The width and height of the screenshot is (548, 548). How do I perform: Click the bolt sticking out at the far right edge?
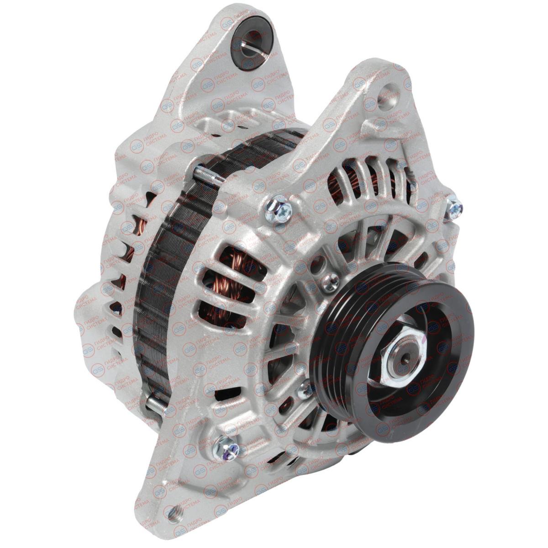point(454,209)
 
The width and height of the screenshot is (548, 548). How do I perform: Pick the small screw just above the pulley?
point(331,280)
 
